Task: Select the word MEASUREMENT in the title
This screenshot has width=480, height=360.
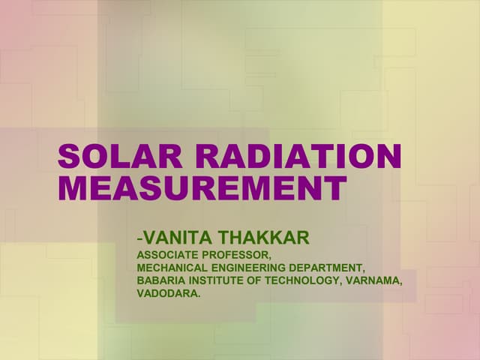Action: [202, 188]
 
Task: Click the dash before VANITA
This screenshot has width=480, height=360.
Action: [139, 239]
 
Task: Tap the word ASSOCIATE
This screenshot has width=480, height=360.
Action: [166, 255]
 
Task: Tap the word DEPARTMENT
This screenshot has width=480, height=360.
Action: [327, 268]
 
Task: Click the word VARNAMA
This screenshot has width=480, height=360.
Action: [375, 280]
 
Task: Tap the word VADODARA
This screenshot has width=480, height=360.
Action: [168, 293]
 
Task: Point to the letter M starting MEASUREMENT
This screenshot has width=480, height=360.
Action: [73, 188]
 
